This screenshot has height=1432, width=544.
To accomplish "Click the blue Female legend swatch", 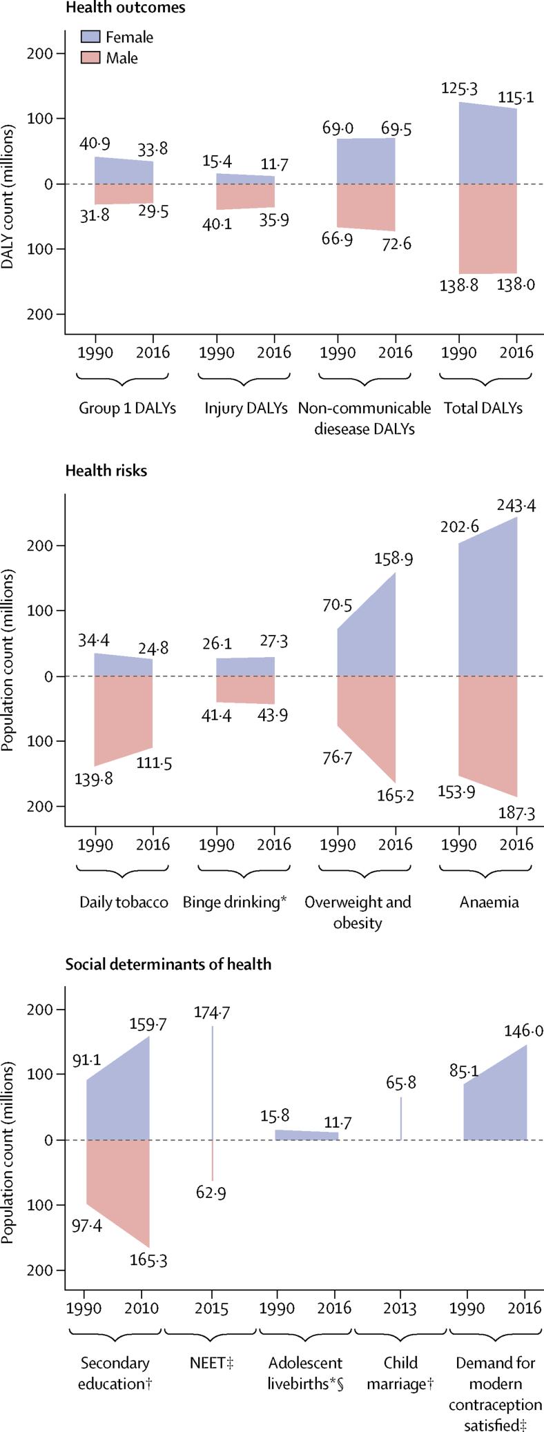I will pyautogui.click(x=92, y=37).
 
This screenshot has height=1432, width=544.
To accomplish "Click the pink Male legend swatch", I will pyautogui.click(x=92, y=58).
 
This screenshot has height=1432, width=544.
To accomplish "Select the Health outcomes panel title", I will pyautogui.click(x=125, y=8).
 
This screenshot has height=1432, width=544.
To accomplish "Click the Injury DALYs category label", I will pyautogui.click(x=246, y=408).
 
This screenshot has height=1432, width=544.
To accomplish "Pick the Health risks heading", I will pyautogui.click(x=106, y=471).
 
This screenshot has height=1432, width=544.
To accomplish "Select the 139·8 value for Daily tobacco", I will pyautogui.click(x=93, y=778).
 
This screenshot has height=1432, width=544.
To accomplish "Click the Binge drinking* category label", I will pyautogui.click(x=235, y=902).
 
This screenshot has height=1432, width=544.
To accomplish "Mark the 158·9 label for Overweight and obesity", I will pyautogui.click(x=394, y=559).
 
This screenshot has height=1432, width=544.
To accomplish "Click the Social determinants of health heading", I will pyautogui.click(x=168, y=964).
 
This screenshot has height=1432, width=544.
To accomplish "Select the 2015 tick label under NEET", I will pyautogui.click(x=211, y=1308).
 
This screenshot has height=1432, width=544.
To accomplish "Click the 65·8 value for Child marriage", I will pyautogui.click(x=400, y=1083).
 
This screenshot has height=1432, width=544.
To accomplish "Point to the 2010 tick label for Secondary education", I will pyautogui.click(x=142, y=1308).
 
